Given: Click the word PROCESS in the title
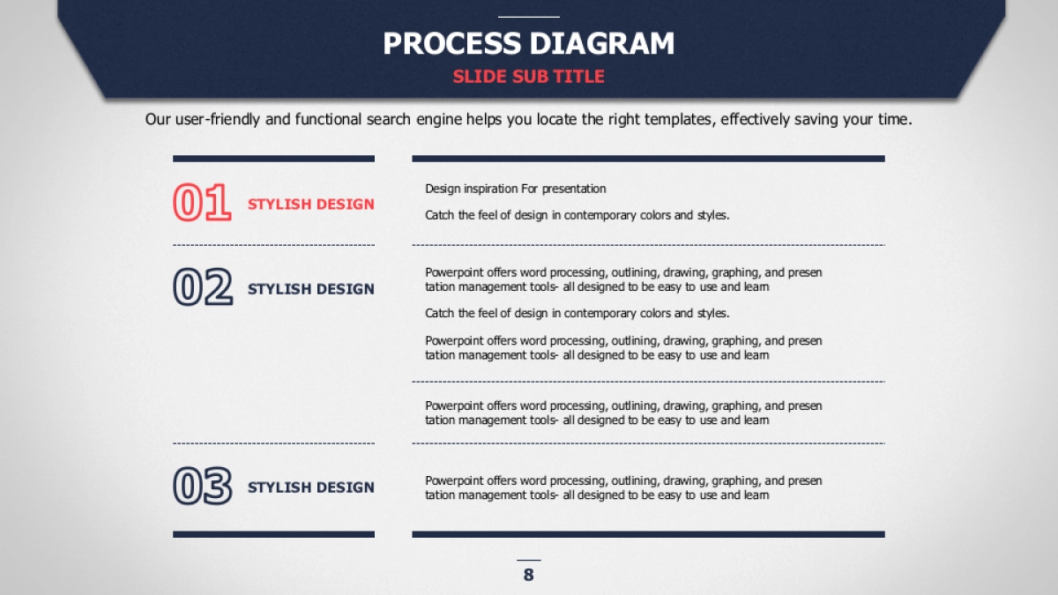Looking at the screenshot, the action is pos(451,43).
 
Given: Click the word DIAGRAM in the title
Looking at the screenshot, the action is pos(602,43).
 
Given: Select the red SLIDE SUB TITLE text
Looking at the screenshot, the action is pos(528,77).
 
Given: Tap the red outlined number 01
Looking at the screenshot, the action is pos(202,202).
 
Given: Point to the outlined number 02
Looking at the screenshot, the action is pos(203,286).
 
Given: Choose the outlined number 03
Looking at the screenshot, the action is pos(203,486).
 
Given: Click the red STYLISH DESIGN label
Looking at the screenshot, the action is pos(310,204).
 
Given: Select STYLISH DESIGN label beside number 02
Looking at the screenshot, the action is pos(310,289).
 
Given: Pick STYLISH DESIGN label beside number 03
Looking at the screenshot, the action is pos(310,487).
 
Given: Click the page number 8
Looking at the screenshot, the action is pos(528,575).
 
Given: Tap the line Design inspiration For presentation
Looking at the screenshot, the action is pos(515,189).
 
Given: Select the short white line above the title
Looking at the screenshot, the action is pos(528,17).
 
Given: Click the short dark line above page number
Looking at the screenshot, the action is pos(528,560).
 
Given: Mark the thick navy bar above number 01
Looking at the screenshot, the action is pos(273,159).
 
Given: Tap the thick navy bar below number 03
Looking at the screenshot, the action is pos(273,534).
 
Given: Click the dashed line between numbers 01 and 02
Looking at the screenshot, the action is pos(273,245).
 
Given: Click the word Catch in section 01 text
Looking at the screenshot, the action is pos(440,215).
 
